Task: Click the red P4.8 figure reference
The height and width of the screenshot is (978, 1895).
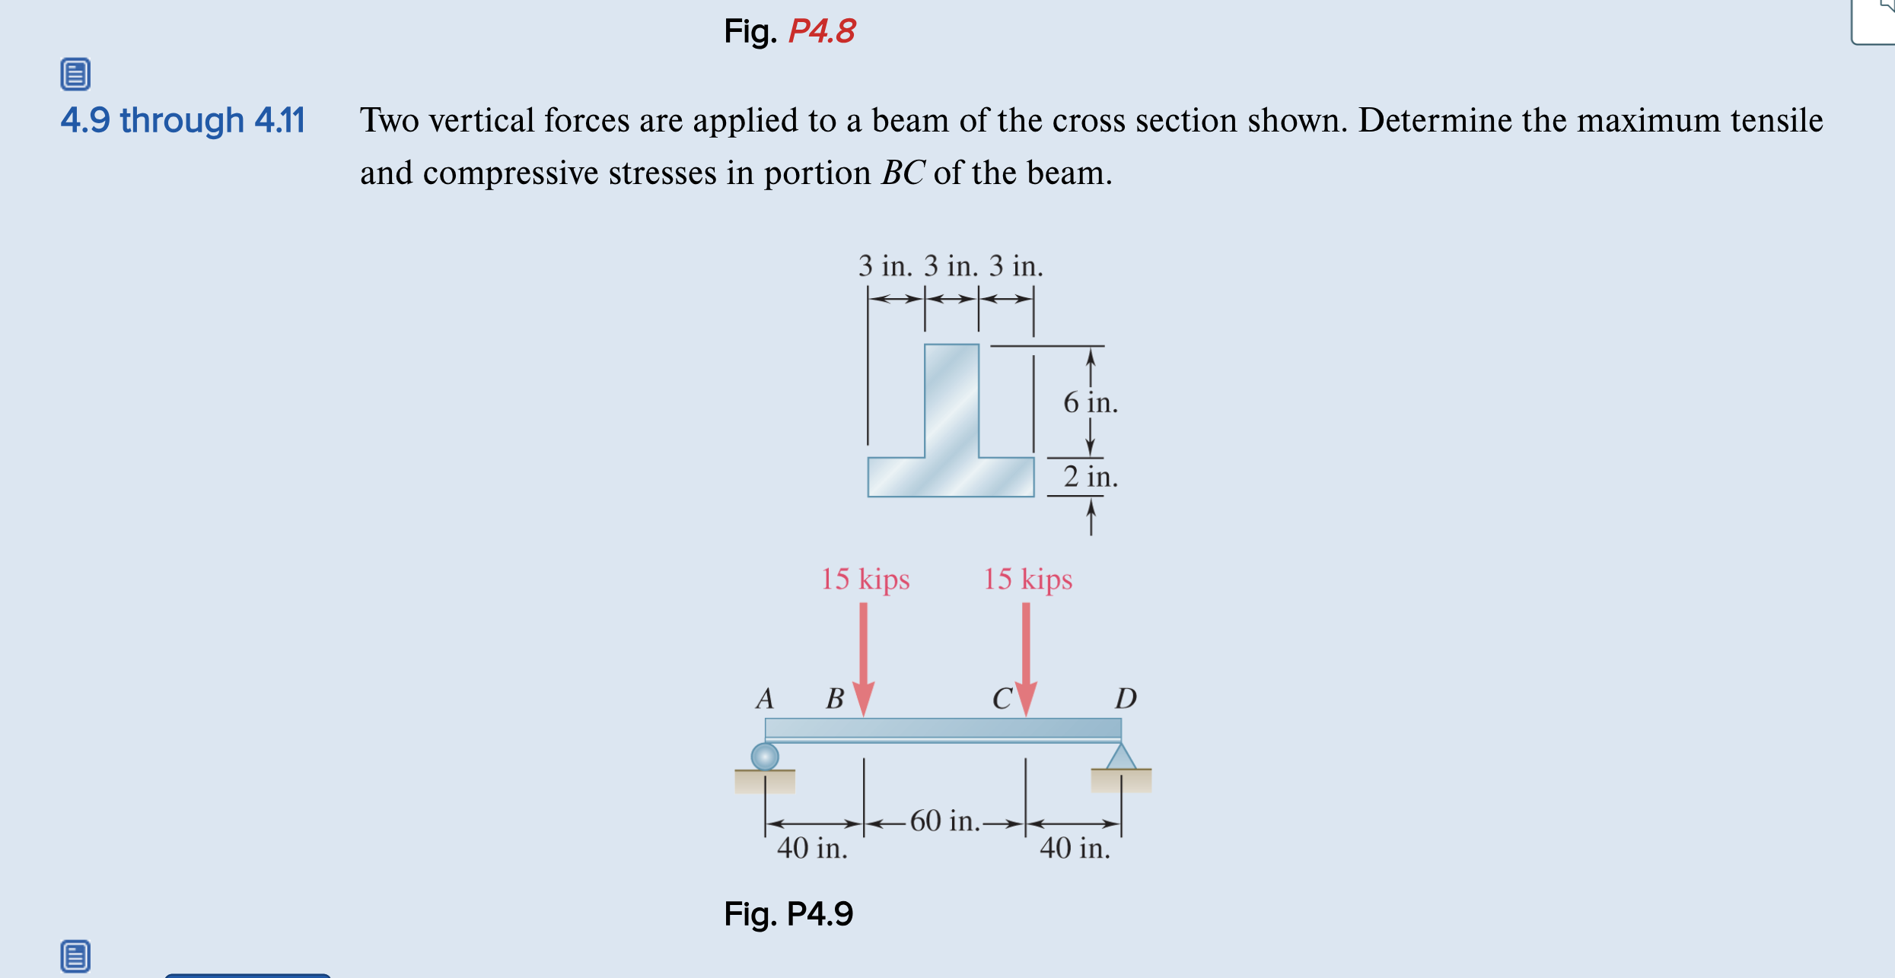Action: tap(821, 32)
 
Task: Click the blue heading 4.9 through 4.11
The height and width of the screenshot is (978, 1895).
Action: tap(183, 120)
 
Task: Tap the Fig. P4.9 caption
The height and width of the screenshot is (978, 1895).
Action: tap(788, 913)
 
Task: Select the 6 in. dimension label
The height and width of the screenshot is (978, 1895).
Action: tap(1090, 402)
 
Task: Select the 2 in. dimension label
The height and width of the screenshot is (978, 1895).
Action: tap(1090, 477)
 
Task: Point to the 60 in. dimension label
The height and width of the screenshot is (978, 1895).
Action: tap(944, 821)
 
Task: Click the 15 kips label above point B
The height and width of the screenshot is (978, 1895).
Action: tap(865, 579)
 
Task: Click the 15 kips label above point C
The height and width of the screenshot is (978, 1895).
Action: tap(1027, 579)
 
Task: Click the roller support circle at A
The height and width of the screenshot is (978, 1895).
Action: tap(765, 757)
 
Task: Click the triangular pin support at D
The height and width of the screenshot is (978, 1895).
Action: tap(1121, 757)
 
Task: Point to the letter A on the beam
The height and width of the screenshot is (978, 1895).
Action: tap(765, 698)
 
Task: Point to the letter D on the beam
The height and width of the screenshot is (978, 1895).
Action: tap(1126, 698)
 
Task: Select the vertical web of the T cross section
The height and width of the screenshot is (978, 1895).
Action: tap(951, 399)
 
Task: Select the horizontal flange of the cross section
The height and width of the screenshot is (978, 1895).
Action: tap(951, 478)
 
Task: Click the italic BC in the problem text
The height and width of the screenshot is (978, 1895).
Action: tap(903, 173)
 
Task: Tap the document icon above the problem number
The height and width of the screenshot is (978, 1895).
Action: tap(75, 75)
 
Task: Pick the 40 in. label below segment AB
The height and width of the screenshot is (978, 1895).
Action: tap(812, 848)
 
